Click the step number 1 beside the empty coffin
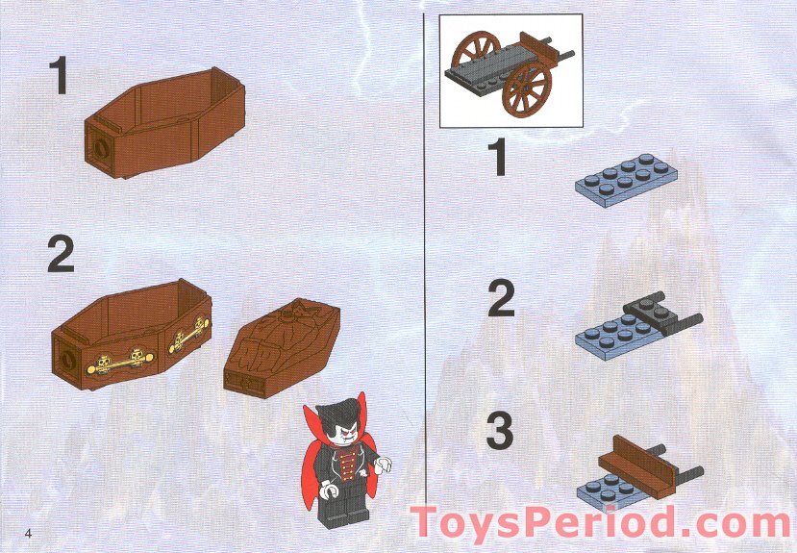click(x=60, y=76)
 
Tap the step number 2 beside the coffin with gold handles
click(x=60, y=255)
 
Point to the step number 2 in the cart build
click(x=501, y=299)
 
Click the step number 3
click(x=499, y=432)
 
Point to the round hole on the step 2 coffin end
click(x=69, y=353)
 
